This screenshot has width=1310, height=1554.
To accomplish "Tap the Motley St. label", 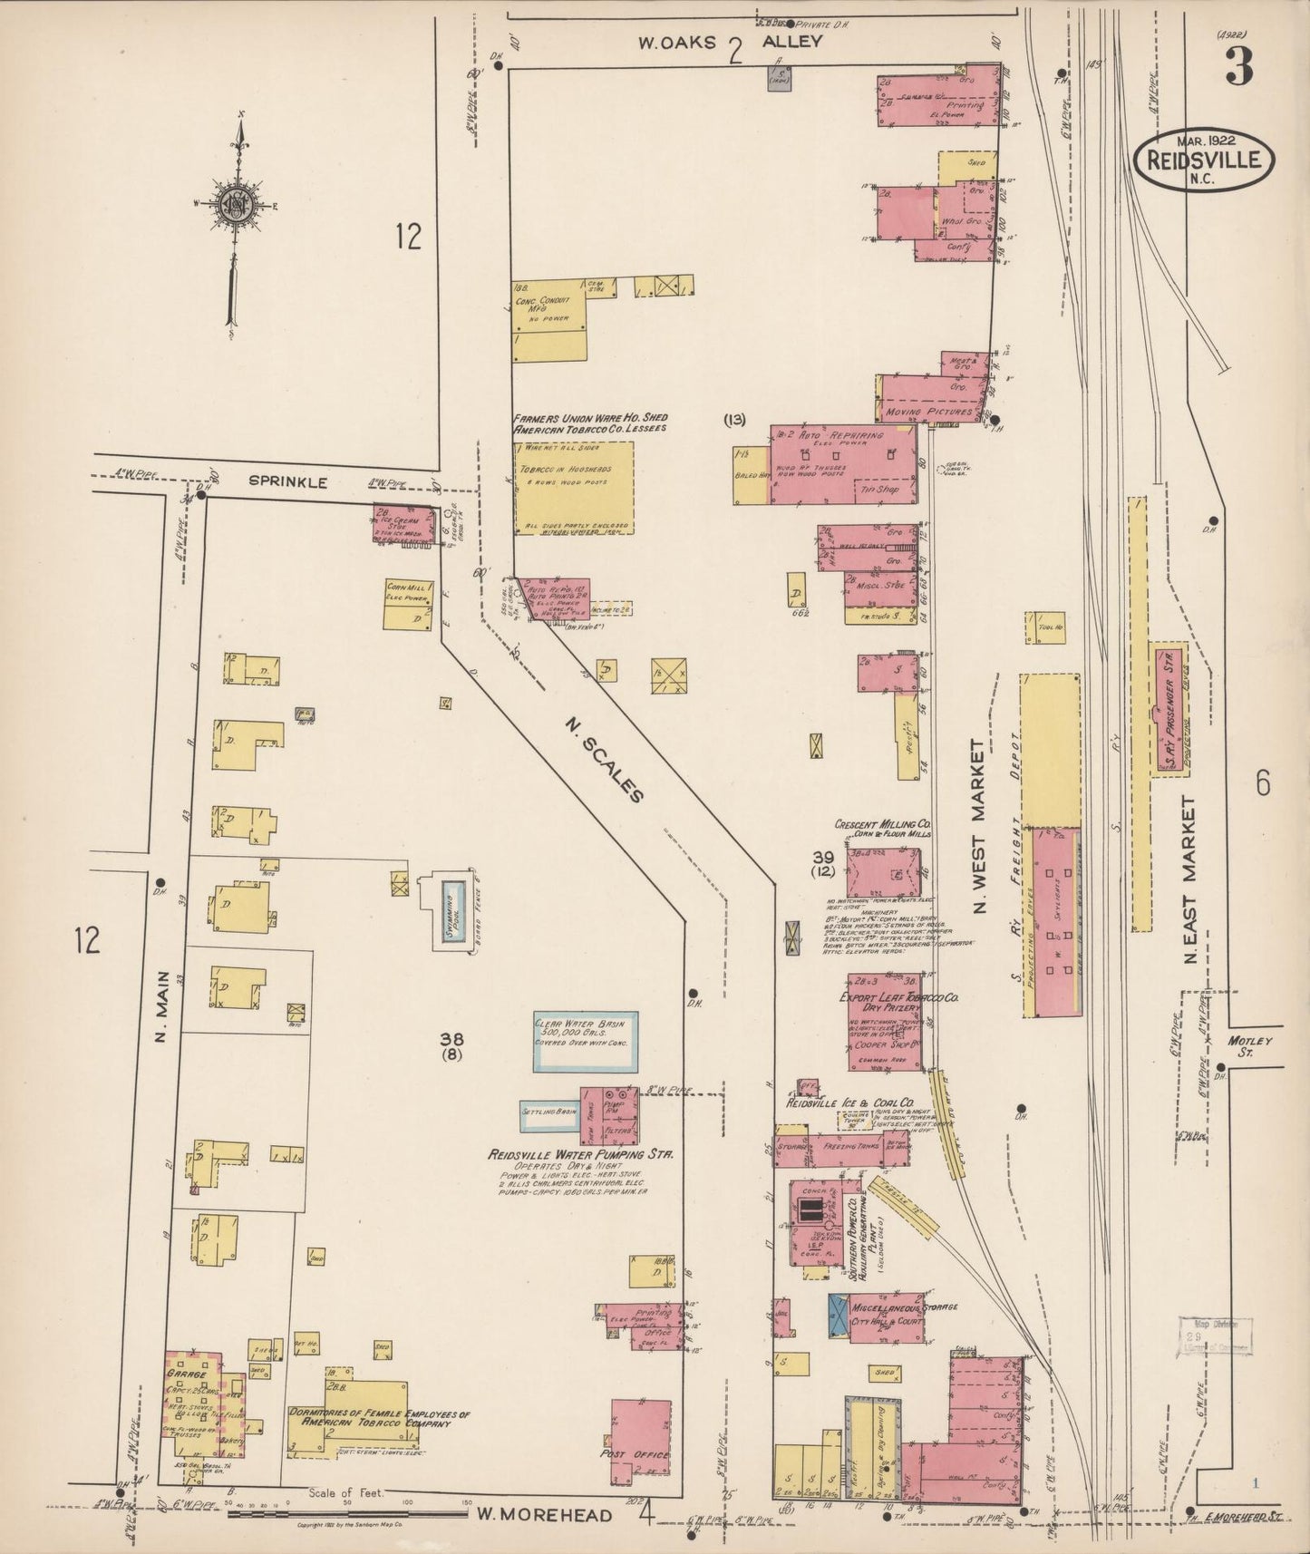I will (x=1252, y=1046).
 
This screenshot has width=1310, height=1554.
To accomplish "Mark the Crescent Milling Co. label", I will (x=883, y=826).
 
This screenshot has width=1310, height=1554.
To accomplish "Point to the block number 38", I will (x=452, y=1039).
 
